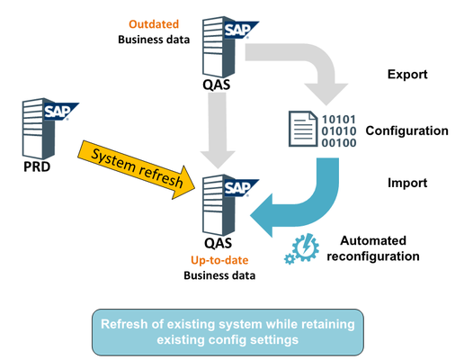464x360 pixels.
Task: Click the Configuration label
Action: click(406, 130)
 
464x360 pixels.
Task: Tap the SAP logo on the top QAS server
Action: click(237, 29)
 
